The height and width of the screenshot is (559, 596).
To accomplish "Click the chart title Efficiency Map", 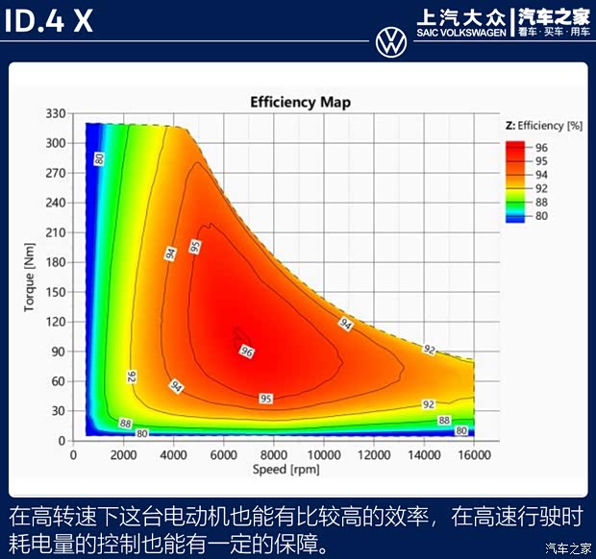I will coord(300,102).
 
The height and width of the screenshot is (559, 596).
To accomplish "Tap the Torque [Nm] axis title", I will coord(30,278).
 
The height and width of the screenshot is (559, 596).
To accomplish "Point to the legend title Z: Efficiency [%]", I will coord(544,126).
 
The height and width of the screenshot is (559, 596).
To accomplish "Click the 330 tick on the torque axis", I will coord(55,113).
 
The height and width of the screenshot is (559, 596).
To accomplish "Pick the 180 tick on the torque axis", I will coord(55,262).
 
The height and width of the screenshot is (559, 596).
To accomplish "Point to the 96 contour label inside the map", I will coord(247,352).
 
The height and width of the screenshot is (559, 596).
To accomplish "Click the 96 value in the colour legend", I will coord(541,147).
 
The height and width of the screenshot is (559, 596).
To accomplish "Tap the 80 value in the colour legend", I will coord(541,216).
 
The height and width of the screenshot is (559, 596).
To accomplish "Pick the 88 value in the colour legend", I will coord(541,203).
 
